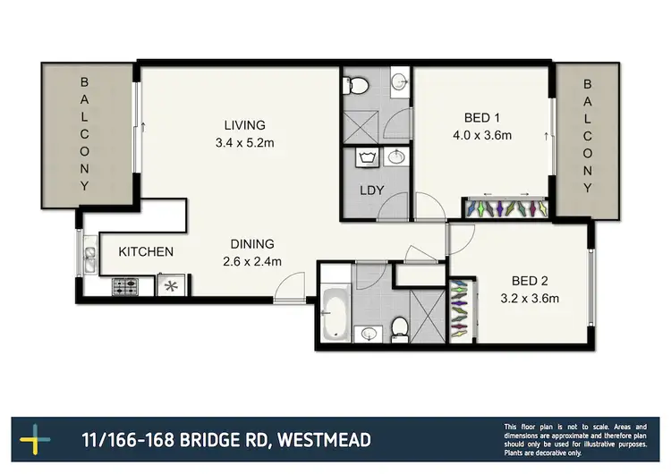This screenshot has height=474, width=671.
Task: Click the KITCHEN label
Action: click(146, 252)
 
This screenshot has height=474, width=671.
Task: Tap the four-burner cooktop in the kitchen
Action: click(124, 287)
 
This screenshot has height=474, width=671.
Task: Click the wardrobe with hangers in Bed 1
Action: click(507, 208)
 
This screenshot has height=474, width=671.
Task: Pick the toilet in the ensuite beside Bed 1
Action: click(359, 85)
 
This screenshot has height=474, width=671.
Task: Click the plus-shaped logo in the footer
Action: click(36, 440)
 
